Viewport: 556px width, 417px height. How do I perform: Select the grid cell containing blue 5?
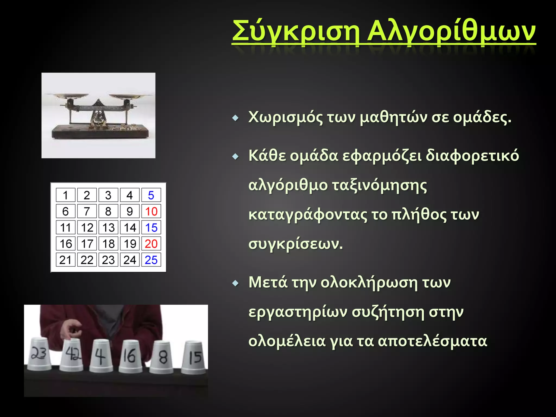151,195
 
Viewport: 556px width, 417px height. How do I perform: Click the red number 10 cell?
151,211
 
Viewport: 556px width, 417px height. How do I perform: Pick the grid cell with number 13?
108,228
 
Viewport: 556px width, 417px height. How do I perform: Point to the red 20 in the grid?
151,244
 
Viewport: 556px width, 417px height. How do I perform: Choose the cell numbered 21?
65,260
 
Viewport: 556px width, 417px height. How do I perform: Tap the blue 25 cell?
151,260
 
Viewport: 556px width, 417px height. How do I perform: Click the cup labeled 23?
39,354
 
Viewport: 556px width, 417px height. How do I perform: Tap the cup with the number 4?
101,356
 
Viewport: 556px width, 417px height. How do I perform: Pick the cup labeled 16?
131,356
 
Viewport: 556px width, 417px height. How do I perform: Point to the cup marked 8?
162,357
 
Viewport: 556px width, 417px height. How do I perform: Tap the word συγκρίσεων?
295,244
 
